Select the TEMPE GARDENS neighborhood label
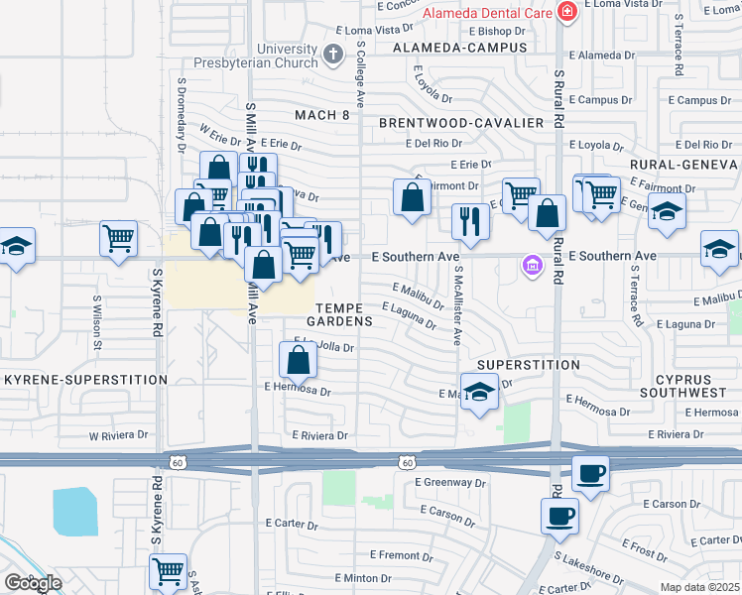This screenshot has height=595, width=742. pyautogui.click(x=339, y=313)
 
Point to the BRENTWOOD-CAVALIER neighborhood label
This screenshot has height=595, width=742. pyautogui.click(x=461, y=123)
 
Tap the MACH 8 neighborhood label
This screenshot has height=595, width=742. pyautogui.click(x=322, y=116)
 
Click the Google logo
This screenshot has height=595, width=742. pyautogui.click(x=33, y=582)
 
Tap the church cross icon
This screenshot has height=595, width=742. pyautogui.click(x=334, y=53)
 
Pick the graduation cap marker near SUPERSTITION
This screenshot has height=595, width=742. pyautogui.click(x=479, y=392)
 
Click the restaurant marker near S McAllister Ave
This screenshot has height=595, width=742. pyautogui.click(x=470, y=220)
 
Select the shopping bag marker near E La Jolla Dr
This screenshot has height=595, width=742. pyautogui.click(x=298, y=360)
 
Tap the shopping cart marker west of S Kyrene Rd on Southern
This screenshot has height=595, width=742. pyautogui.click(x=118, y=238)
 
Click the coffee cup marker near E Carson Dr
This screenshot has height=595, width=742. pyautogui.click(x=558, y=516)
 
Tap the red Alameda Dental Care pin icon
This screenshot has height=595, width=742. pyautogui.click(x=566, y=13)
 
